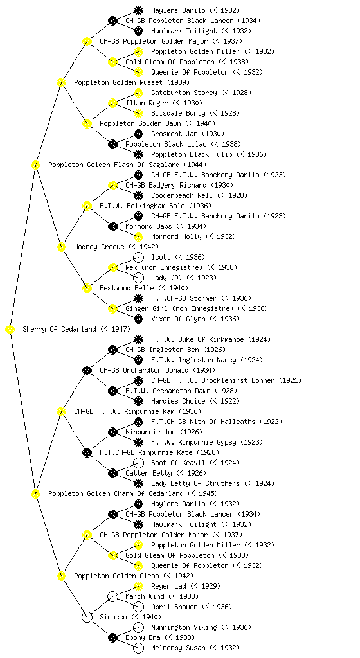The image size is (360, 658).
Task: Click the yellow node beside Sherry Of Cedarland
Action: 10,330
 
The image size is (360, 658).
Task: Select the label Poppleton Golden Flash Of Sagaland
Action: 114,165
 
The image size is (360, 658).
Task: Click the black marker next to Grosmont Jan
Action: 138,134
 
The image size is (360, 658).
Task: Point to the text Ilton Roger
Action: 147,103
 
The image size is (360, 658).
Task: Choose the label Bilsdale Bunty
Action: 178,113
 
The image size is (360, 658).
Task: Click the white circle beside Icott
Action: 138,257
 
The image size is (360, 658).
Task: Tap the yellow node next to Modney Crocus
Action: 61,247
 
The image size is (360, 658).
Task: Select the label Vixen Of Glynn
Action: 178,319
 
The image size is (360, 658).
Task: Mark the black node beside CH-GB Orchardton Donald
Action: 87,371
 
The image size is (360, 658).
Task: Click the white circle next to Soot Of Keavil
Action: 138,463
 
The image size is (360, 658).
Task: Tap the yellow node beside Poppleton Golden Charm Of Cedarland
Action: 35,494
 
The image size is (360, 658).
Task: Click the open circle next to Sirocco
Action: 87,618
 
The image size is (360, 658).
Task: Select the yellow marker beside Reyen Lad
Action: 138,586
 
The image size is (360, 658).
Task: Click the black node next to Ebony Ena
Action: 113,638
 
